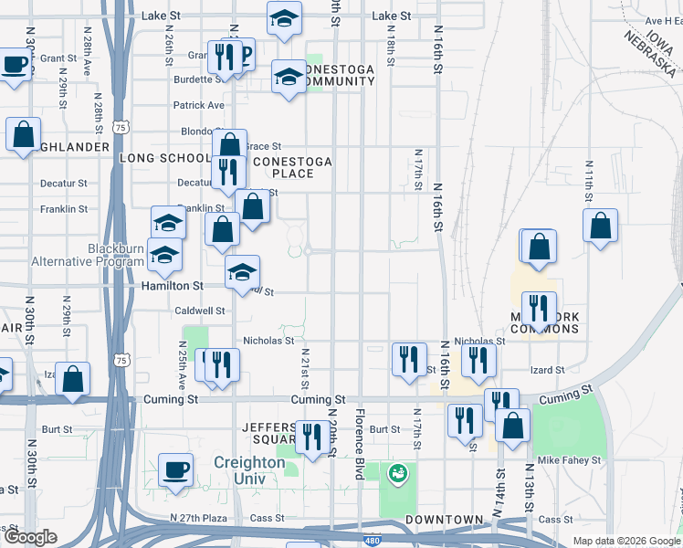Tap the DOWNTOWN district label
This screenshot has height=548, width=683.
click(445, 520)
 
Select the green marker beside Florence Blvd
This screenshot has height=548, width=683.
click(397, 473)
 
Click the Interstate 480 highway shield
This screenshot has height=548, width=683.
click(372, 541)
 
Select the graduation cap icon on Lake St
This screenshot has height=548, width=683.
click(285, 18)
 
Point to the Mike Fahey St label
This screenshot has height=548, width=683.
click(569, 460)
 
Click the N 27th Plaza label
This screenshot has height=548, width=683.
click(198, 518)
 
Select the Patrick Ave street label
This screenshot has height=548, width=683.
click(199, 105)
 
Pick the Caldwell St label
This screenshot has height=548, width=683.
click(200, 311)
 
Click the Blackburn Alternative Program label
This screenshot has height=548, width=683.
click(89, 255)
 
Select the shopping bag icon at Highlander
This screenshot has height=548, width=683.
click(23, 134)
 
